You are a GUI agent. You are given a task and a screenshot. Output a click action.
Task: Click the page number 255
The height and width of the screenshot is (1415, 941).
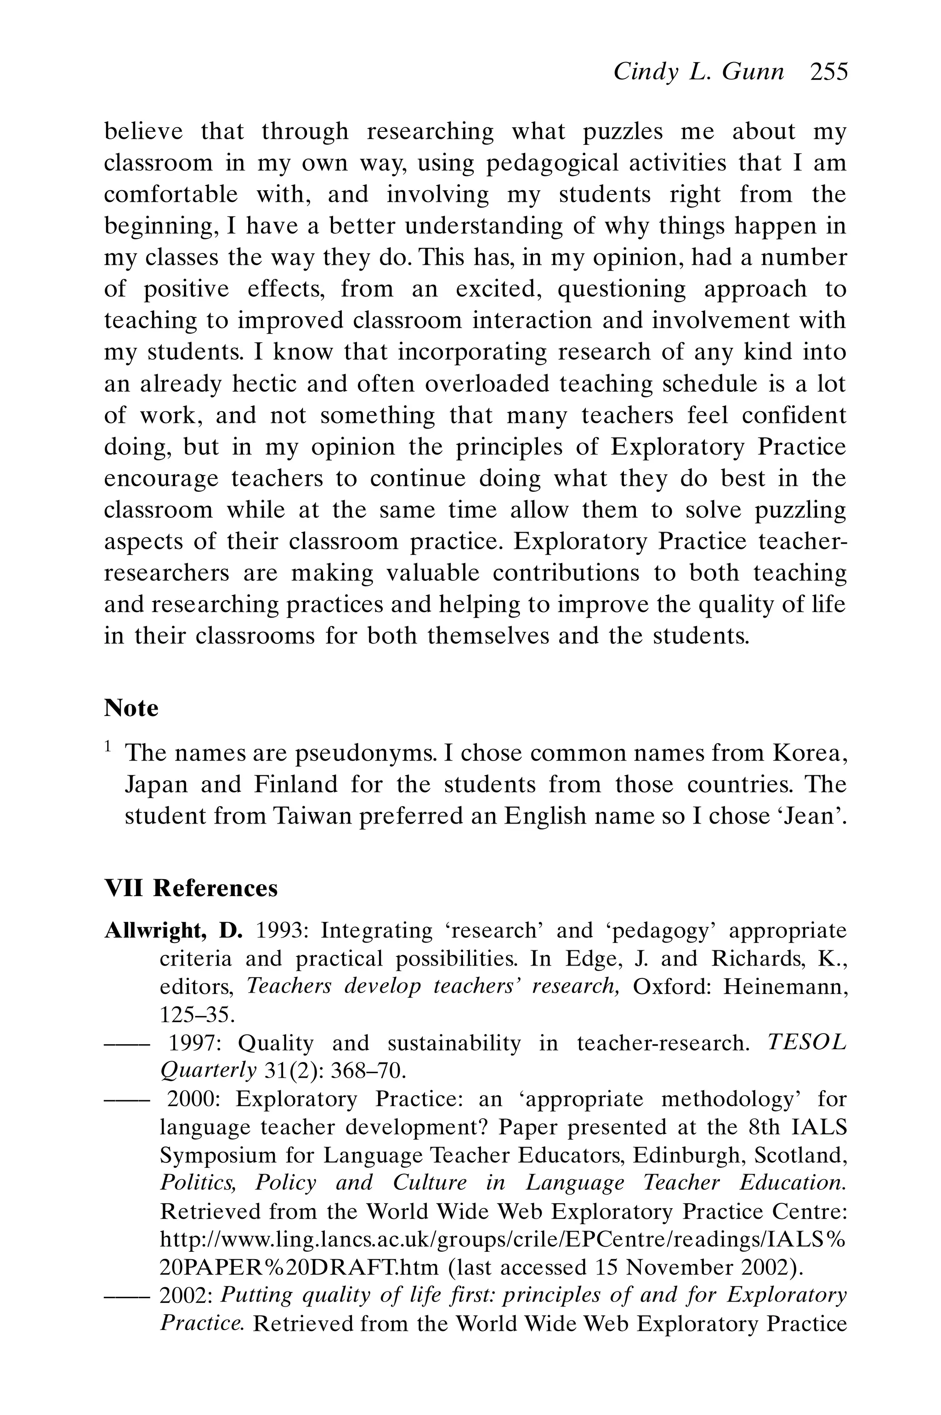[x=829, y=73]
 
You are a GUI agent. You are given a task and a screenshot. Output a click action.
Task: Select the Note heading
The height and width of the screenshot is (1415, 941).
[x=131, y=708]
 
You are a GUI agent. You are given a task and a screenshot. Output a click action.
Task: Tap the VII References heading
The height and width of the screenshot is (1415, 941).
[x=191, y=888]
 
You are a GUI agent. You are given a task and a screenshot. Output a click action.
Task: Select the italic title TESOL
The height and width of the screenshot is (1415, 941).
[x=807, y=1043]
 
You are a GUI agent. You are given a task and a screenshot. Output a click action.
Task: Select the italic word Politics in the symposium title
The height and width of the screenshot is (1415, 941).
[x=198, y=1183]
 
